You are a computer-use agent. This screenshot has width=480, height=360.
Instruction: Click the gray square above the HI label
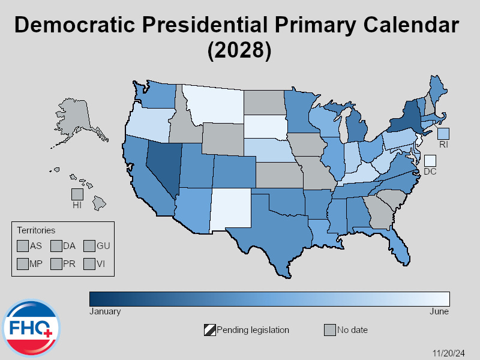77,194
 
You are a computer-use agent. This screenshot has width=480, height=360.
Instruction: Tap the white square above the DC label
430,160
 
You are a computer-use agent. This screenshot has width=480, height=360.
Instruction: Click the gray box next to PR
56,263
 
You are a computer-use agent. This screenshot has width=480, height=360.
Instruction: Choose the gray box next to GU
89,245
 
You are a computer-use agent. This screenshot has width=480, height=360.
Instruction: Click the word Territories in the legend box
36,230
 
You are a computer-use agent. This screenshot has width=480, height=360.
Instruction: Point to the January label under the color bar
105,311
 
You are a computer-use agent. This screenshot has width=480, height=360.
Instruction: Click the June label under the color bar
439,311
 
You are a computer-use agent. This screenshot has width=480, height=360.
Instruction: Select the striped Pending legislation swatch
209,330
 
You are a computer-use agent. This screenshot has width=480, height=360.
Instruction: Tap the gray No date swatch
329,330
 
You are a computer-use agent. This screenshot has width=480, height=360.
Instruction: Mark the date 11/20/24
449,352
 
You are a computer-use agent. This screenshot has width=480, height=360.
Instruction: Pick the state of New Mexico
231,209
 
